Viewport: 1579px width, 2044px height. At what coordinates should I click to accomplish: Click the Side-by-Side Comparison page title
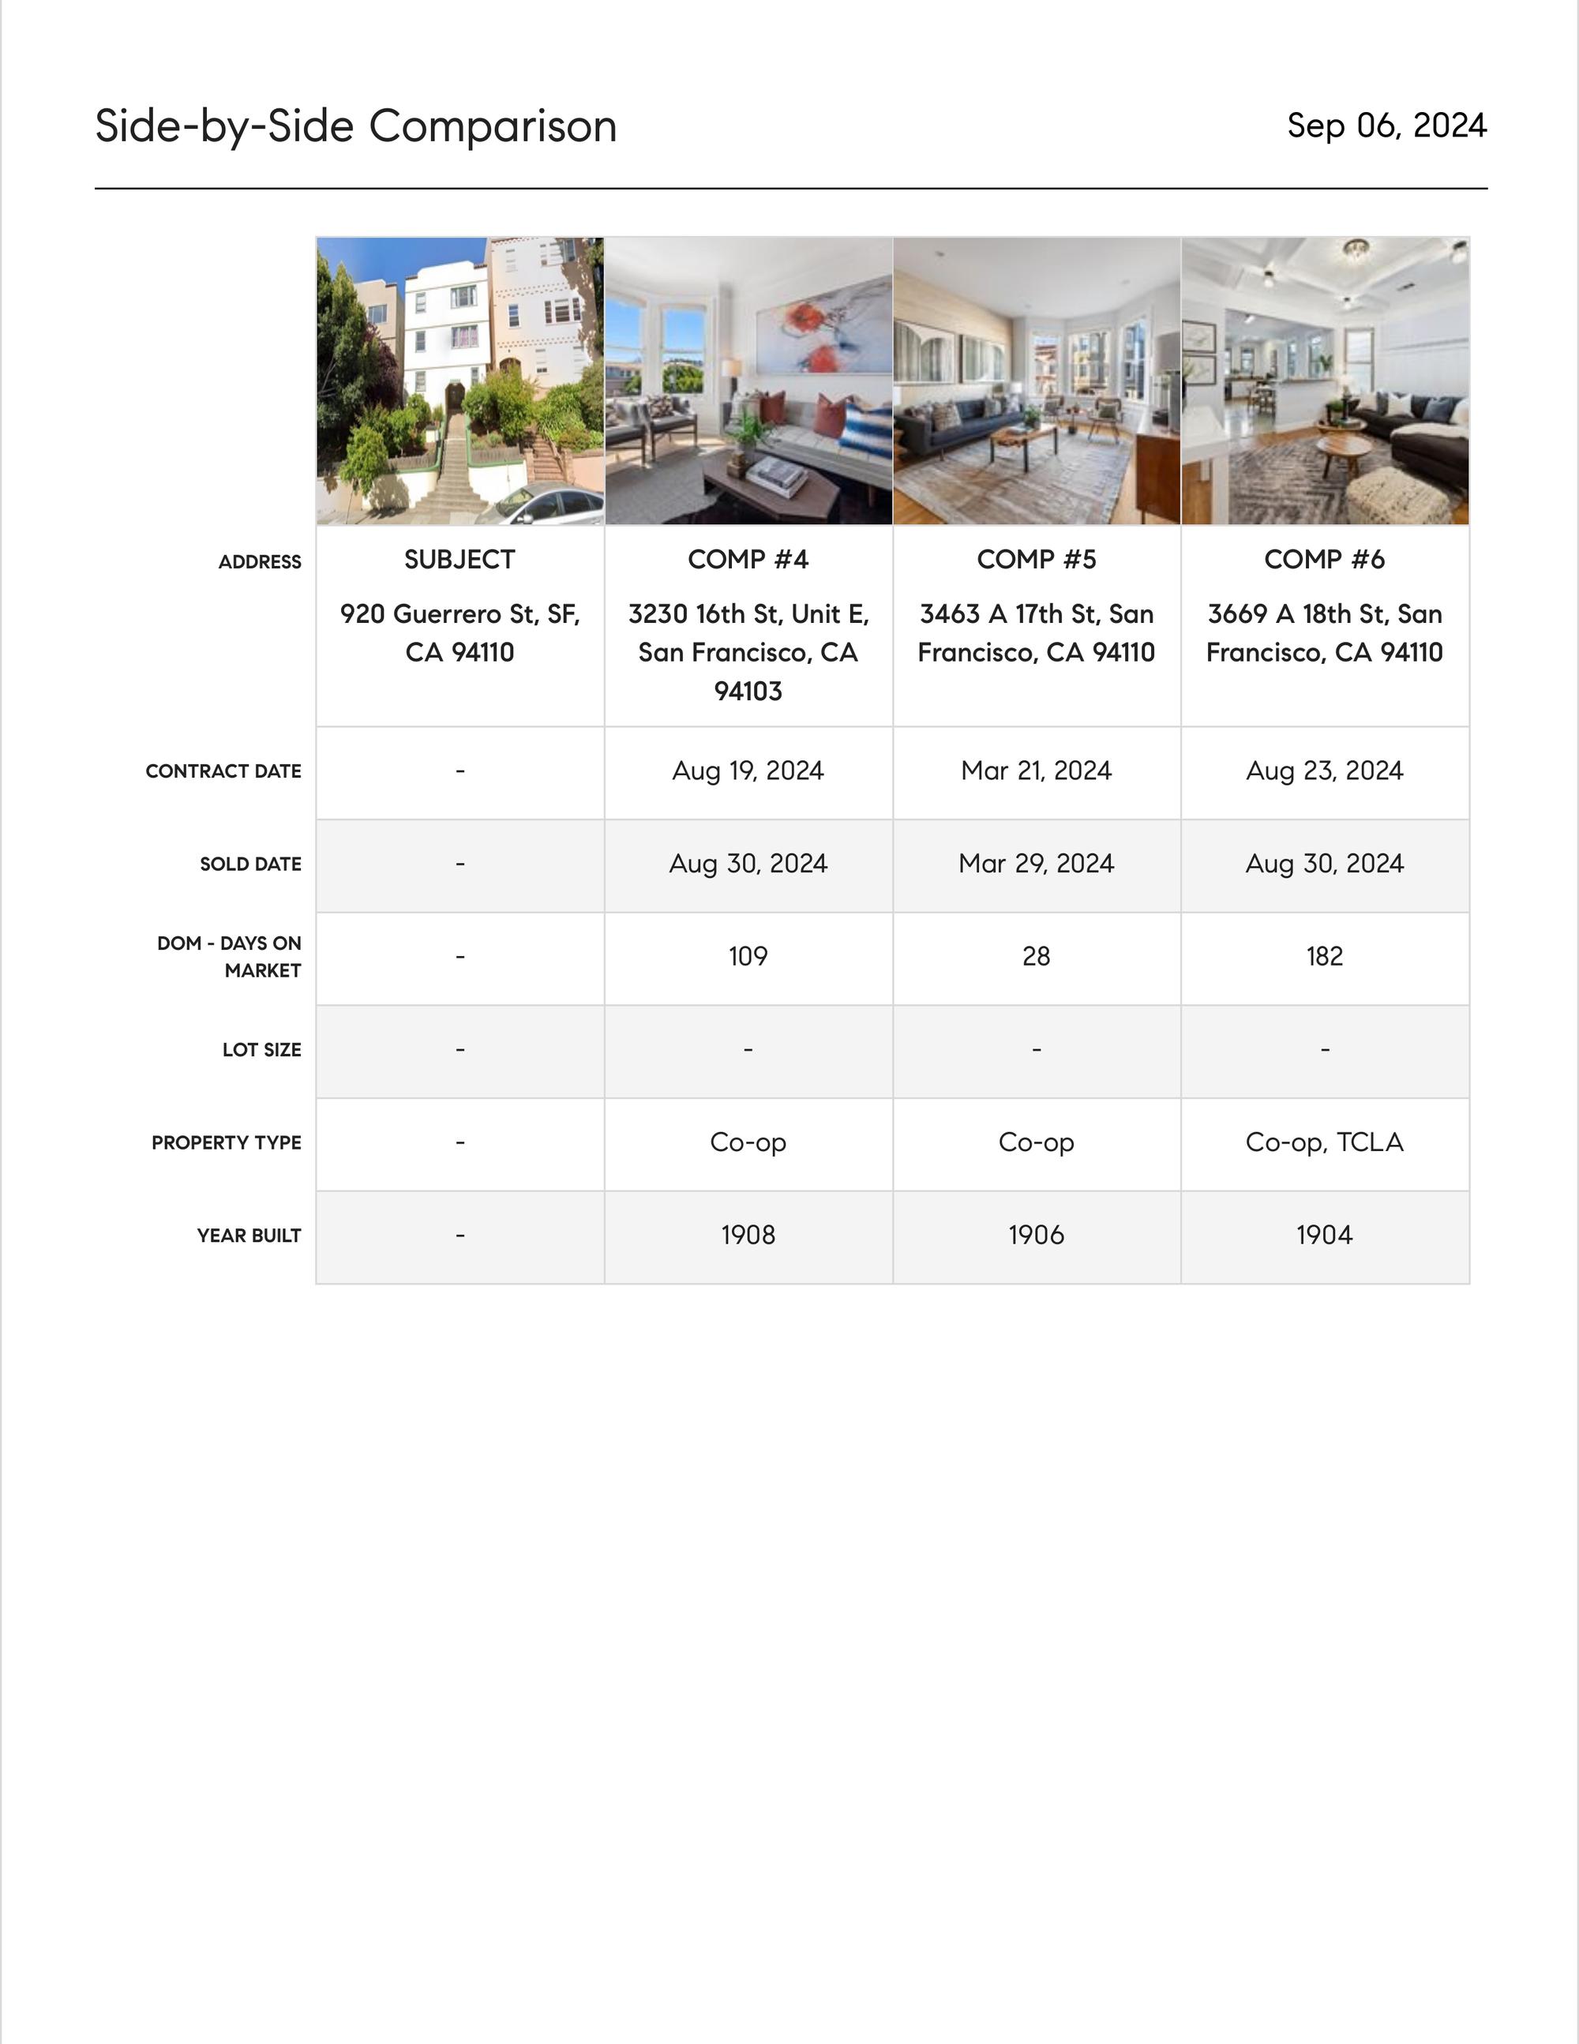point(356,126)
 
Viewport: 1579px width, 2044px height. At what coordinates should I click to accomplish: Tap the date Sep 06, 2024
point(1386,126)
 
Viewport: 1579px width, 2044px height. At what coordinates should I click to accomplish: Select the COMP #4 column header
point(748,560)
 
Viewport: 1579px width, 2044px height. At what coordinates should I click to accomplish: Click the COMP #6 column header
point(1325,560)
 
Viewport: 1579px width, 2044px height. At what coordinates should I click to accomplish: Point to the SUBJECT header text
point(459,560)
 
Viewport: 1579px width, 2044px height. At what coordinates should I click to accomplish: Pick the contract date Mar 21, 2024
point(1036,771)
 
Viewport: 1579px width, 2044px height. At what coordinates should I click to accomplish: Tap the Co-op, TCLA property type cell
point(1325,1142)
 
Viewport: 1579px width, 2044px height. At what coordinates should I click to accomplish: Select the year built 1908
point(748,1236)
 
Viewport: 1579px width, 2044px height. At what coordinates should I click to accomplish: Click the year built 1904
point(1325,1236)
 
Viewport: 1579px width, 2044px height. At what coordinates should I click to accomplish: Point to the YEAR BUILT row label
point(249,1236)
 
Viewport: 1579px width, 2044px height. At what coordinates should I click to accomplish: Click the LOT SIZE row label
point(261,1050)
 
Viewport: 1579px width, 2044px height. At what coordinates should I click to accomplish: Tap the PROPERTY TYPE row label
point(227,1142)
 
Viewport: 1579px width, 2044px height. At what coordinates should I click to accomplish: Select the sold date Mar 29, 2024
point(1036,864)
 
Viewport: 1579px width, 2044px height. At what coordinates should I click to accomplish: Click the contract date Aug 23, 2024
point(1325,771)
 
